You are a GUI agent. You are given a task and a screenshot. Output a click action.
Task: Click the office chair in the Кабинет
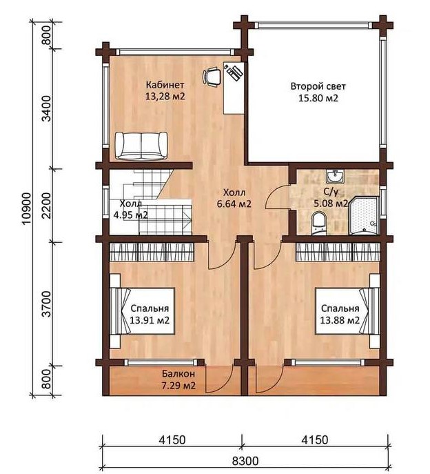pyautogui.click(x=212, y=77)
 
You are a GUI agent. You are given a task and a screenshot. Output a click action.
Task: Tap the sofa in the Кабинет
pyautogui.click(x=141, y=146)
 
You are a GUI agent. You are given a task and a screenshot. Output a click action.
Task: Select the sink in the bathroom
pyautogui.click(x=335, y=177)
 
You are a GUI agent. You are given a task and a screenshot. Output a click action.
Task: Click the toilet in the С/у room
pyautogui.click(x=318, y=223)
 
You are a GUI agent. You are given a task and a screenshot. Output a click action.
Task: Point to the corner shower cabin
pyautogui.click(x=364, y=215)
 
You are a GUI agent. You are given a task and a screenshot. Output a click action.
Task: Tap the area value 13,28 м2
pyautogui.click(x=165, y=97)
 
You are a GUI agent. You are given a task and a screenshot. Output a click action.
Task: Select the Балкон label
pyautogui.click(x=178, y=374)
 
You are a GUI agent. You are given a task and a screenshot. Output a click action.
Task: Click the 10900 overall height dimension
pyautogui.click(x=27, y=208)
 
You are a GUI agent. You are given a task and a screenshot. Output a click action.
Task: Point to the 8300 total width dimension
pyautogui.click(x=245, y=461)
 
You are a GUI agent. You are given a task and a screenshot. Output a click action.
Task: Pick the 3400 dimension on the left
pyautogui.click(x=46, y=108)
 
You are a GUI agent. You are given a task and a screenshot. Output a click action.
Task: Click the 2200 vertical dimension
pyautogui.click(x=46, y=206)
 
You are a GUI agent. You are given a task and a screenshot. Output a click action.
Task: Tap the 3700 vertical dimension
pyautogui.click(x=46, y=304)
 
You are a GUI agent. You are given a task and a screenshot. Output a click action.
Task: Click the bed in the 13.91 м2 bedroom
pyautogui.click(x=142, y=311)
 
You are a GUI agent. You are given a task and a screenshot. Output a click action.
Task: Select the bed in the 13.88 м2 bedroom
pyautogui.click(x=347, y=311)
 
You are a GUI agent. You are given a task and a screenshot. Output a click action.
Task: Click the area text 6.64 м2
pyautogui.click(x=234, y=204)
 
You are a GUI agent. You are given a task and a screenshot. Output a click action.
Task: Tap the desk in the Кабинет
pyautogui.click(x=234, y=88)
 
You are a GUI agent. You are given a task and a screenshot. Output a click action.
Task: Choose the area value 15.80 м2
pyautogui.click(x=318, y=98)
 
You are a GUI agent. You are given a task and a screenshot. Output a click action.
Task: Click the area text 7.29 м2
pyautogui.click(x=178, y=386)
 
